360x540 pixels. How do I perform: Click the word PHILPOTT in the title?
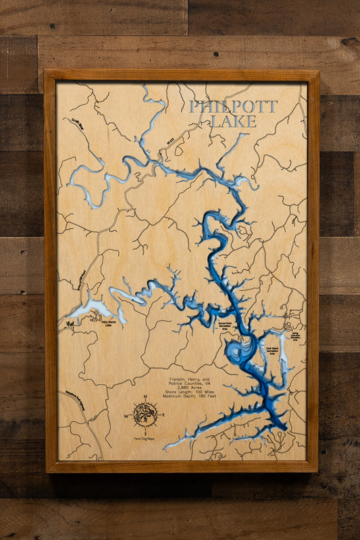pyautogui.click(x=233, y=107)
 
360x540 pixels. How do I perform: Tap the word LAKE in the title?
pyautogui.click(x=233, y=122)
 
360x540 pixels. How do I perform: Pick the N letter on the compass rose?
pyautogui.click(x=145, y=397)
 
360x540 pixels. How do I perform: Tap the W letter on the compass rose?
pyautogui.click(x=126, y=415)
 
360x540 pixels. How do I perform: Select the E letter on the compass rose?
pyautogui.click(x=163, y=415)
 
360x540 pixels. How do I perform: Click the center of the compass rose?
pyautogui.click(x=145, y=414)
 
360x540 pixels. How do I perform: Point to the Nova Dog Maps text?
pyautogui.click(x=145, y=439)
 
